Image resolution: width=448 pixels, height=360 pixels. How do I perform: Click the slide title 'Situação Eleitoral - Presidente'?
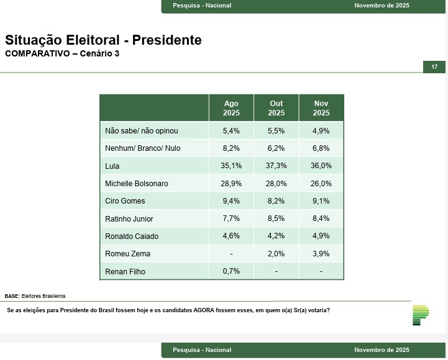click(103, 40)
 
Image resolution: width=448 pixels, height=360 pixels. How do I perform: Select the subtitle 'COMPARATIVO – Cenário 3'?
click(62, 54)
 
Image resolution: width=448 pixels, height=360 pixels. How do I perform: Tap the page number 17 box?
click(434, 66)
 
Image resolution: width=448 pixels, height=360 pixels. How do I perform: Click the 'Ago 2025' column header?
click(231, 108)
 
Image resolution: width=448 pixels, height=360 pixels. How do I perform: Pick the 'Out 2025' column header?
click(277, 108)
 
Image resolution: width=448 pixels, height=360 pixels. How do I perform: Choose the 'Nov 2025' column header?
click(321, 108)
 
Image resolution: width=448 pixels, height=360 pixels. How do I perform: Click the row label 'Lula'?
click(112, 166)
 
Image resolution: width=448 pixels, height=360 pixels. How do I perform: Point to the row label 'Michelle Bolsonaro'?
click(137, 184)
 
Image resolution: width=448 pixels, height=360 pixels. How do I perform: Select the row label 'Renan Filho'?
click(125, 271)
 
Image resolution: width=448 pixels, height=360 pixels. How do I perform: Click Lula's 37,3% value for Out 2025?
click(277, 166)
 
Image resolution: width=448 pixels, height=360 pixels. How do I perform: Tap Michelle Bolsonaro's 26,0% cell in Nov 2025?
click(321, 184)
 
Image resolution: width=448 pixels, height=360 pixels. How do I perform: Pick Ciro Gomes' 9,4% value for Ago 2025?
click(231, 201)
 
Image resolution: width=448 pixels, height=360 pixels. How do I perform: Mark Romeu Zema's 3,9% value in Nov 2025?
click(321, 254)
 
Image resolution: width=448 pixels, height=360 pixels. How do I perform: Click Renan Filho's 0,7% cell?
click(231, 271)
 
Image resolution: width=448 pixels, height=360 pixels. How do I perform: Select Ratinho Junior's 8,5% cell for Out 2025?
click(277, 218)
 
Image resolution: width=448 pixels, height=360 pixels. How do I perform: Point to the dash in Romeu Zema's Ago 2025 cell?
click(231, 254)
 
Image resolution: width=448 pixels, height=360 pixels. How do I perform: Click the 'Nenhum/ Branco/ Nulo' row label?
click(143, 148)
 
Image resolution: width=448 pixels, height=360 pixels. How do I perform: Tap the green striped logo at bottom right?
click(421, 315)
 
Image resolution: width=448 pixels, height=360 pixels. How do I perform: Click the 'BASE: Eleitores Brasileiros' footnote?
click(35, 296)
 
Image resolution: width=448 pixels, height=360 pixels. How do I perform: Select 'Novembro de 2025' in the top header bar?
click(382, 6)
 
